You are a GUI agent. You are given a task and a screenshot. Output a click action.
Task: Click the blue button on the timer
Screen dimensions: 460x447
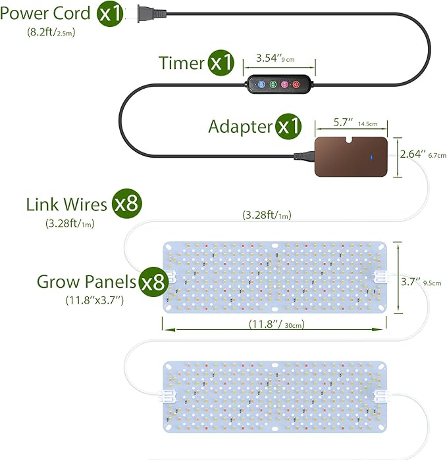click(261, 84)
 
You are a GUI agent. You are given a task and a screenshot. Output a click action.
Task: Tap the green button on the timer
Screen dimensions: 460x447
click(273, 84)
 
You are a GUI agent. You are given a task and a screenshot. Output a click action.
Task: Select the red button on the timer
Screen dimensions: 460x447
click(296, 84)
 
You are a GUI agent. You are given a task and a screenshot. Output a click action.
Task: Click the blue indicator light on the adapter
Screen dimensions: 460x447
click(371, 157)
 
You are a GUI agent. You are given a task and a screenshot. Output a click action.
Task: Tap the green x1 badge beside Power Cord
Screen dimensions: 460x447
click(111, 14)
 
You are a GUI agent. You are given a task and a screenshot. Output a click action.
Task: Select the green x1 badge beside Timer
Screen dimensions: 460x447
click(222, 63)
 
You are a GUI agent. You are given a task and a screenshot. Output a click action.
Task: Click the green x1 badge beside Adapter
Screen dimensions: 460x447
click(288, 126)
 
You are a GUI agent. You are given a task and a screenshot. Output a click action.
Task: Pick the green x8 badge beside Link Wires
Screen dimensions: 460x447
click(126, 204)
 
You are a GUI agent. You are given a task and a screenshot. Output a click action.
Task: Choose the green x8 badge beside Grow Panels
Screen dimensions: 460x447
click(151, 283)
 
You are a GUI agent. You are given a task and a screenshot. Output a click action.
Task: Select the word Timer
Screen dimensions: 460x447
click(182, 63)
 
